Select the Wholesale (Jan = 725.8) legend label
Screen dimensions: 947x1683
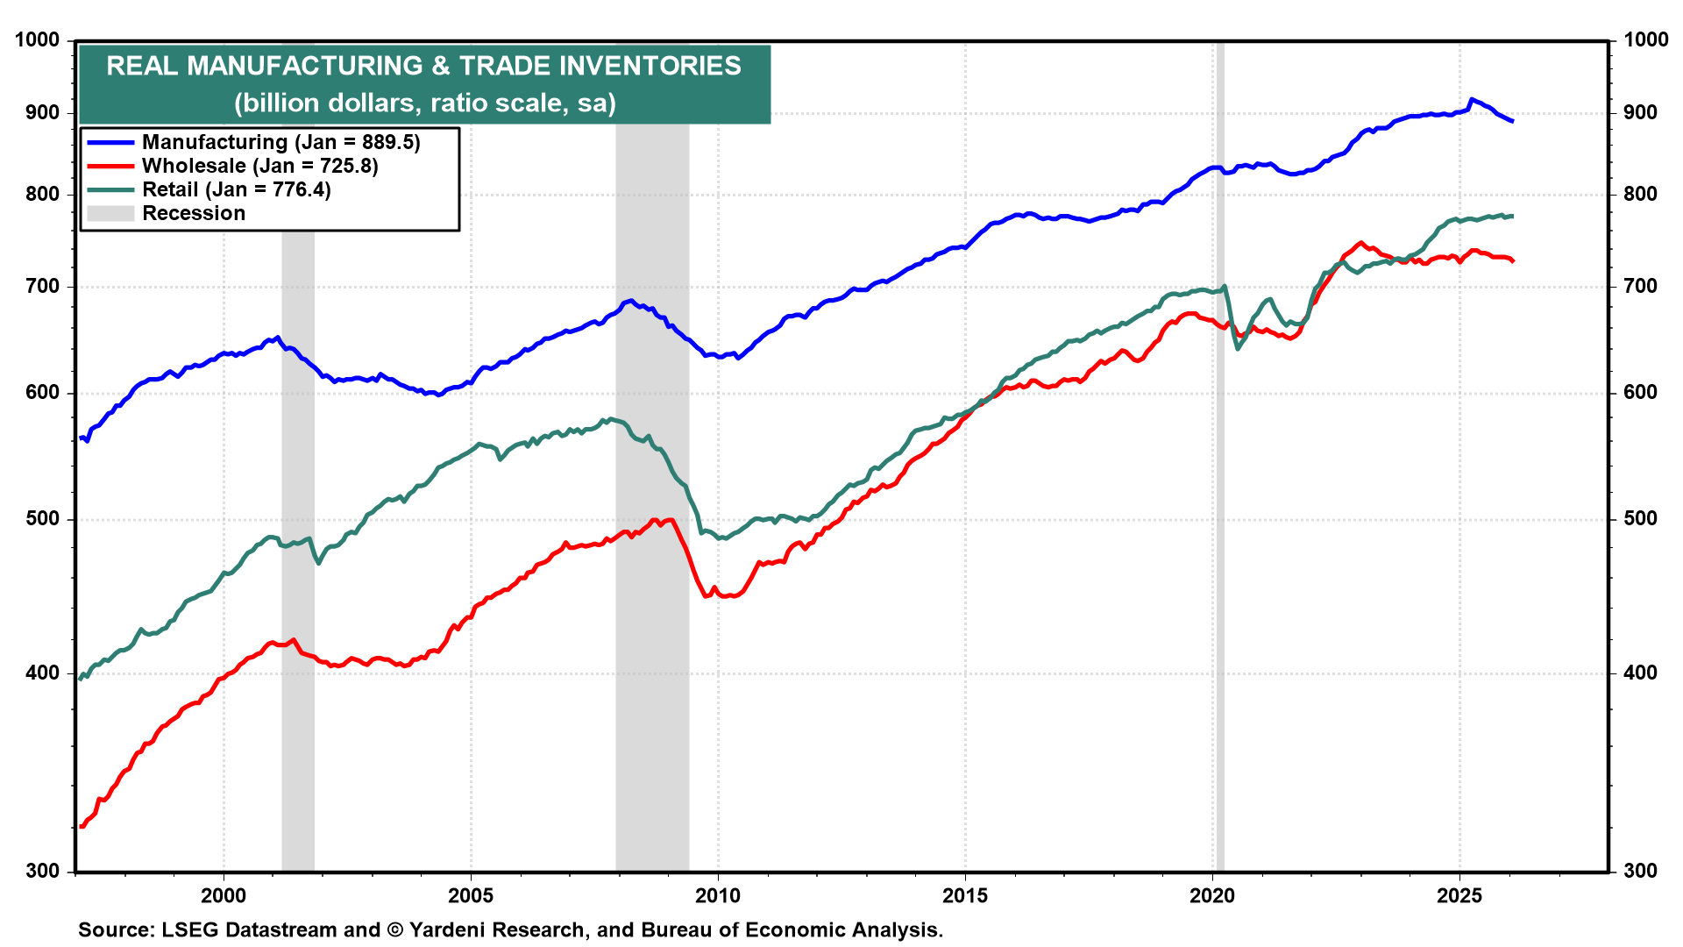tap(259, 166)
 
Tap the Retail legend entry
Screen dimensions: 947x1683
tap(236, 189)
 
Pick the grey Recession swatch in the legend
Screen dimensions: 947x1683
tap(110, 213)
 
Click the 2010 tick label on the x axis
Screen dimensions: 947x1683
tap(718, 896)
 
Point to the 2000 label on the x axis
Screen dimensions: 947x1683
tap(224, 896)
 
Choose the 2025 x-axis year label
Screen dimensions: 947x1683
tap(1459, 896)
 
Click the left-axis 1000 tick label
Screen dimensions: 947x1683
tap(38, 40)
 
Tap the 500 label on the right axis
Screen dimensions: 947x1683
tap(1640, 519)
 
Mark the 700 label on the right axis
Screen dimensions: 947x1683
tap(1640, 287)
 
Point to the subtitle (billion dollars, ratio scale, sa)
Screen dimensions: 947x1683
tap(424, 103)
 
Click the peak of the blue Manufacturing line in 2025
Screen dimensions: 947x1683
tap(1472, 99)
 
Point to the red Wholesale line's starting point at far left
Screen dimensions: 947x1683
tap(82, 826)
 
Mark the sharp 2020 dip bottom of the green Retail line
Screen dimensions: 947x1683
tap(1238, 349)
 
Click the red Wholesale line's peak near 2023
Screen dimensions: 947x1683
tap(1360, 243)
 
